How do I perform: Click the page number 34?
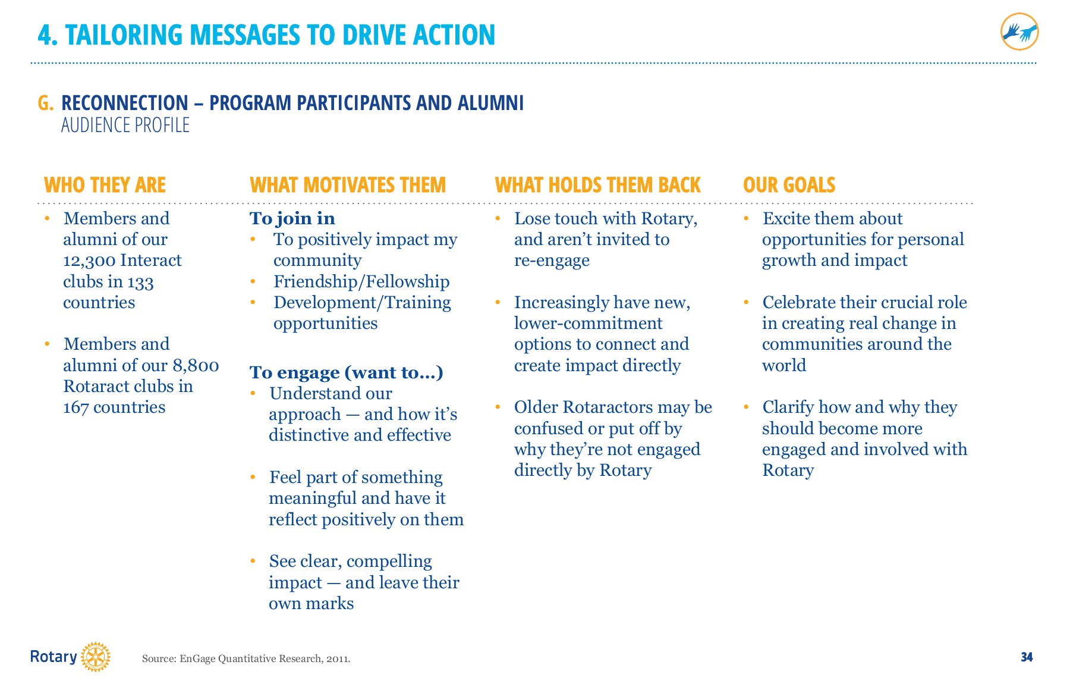pos(1027,657)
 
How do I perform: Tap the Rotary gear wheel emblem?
pos(95,657)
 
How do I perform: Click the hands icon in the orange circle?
pos(1019,32)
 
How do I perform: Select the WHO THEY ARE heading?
pos(105,185)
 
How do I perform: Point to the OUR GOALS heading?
pos(789,185)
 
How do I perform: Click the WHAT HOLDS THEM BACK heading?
pos(597,185)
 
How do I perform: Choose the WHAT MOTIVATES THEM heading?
pos(347,185)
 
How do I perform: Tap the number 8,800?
pos(196,365)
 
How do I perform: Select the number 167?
pos(75,407)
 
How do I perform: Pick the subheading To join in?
pos(292,218)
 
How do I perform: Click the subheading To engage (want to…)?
pos(346,372)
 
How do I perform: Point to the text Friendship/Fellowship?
pos(361,281)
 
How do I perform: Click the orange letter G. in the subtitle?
pos(46,103)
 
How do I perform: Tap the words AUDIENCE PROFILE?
pos(125,125)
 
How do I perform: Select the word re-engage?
pos(552,261)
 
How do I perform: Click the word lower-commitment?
pos(588,323)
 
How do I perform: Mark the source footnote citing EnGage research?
pos(246,658)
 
